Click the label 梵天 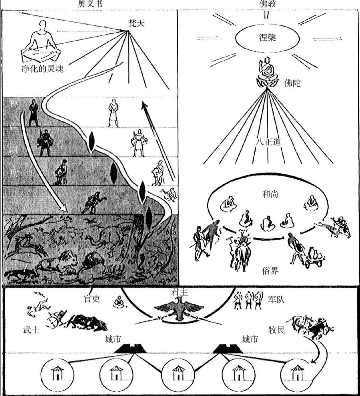pos(136,24)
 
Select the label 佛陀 pos(292,84)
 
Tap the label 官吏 pos(91,299)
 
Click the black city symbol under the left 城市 pos(131,349)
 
